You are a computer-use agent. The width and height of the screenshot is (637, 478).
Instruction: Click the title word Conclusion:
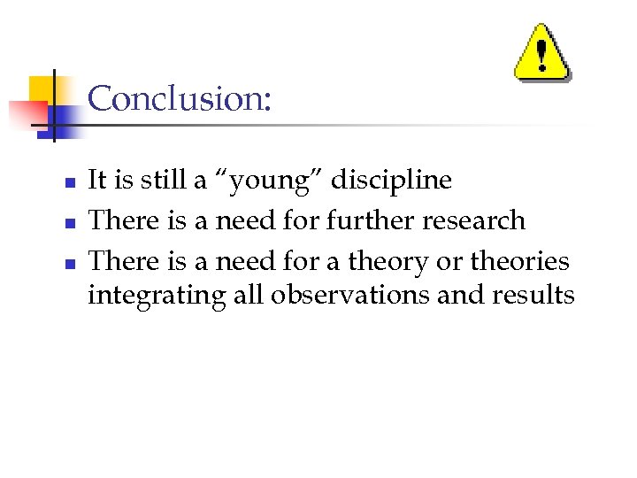click(x=180, y=98)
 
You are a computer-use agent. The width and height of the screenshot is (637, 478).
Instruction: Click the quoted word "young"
click(x=282, y=181)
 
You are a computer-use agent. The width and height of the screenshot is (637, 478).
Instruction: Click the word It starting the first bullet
click(x=97, y=181)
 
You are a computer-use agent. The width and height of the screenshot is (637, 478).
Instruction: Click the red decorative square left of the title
click(x=27, y=113)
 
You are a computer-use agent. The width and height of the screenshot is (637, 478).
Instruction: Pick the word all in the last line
click(x=249, y=294)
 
